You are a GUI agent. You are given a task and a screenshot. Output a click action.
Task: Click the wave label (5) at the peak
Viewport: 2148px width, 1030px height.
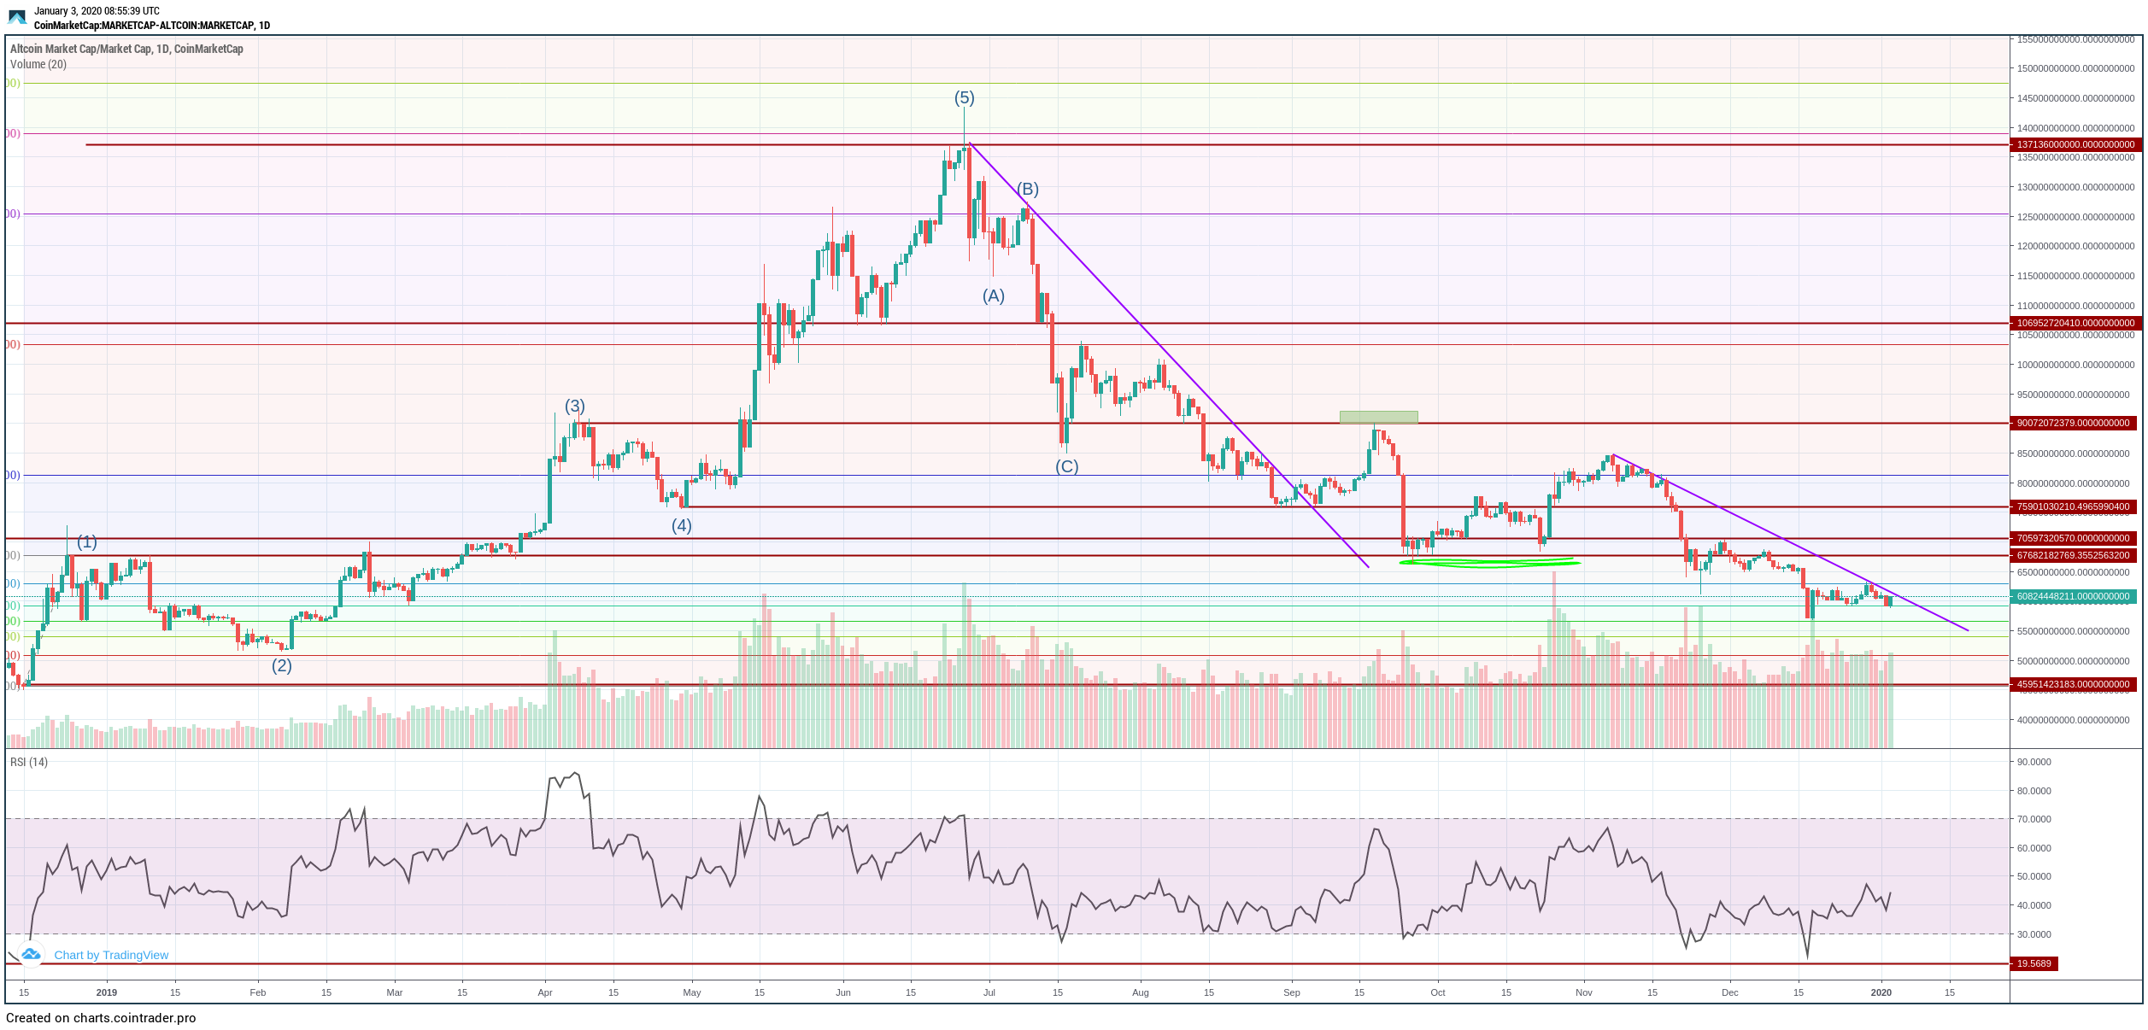coord(964,98)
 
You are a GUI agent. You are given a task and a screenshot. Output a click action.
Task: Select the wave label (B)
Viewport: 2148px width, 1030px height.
coord(1027,189)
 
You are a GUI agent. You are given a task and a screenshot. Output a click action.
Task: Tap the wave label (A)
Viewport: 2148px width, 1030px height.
coord(993,296)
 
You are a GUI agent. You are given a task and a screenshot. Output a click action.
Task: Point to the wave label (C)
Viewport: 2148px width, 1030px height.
coord(1066,467)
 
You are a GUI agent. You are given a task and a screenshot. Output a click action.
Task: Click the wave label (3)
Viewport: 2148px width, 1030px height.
coord(574,407)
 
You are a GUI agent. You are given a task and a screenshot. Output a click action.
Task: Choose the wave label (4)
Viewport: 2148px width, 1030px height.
coord(681,526)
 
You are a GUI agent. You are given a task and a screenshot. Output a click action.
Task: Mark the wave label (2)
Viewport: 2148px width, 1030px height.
coord(282,666)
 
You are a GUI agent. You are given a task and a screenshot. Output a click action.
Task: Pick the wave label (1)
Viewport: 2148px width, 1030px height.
coord(87,542)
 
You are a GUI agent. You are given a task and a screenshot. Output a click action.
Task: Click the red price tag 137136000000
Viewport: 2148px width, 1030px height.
coord(2075,145)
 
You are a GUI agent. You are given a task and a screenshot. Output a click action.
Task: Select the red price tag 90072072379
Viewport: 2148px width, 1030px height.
coord(2075,424)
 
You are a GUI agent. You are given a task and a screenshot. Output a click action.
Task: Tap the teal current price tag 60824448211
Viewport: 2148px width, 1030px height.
coord(2075,597)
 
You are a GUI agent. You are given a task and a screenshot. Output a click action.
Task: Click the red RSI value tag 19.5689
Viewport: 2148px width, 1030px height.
coord(2034,964)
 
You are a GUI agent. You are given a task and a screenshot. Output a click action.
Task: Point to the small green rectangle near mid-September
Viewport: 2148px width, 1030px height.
coord(1378,418)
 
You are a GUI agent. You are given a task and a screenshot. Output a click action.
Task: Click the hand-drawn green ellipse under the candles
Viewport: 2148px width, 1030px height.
coord(1489,563)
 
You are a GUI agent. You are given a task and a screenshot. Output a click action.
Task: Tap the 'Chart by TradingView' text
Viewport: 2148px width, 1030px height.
coord(111,956)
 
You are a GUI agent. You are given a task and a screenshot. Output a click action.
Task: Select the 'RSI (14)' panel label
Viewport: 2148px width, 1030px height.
coord(29,762)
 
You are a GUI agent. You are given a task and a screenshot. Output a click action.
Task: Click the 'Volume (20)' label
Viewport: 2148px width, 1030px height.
coord(38,65)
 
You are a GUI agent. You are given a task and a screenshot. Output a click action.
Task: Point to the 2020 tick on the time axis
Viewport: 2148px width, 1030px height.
coord(1881,992)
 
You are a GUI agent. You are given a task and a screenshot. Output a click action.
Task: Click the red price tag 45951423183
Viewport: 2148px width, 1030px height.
coord(2075,685)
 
